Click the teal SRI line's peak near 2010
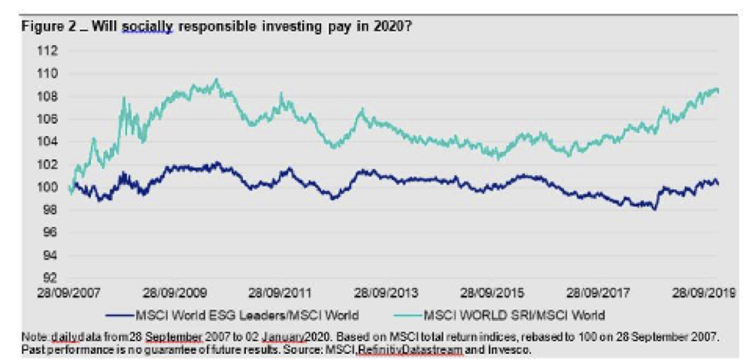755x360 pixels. pos(217,80)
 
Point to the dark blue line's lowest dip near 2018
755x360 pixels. pos(655,210)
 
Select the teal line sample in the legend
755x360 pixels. pos(405,312)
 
